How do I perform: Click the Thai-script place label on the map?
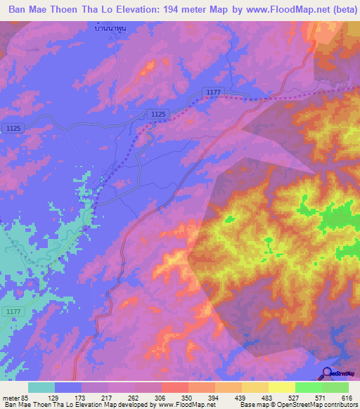113,29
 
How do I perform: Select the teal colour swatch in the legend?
41,387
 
